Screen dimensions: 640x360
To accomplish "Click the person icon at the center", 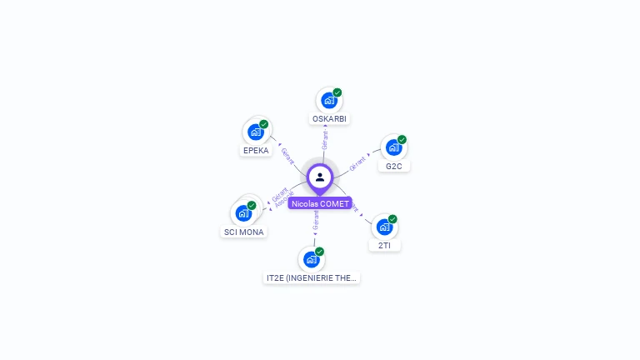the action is pos(320,177).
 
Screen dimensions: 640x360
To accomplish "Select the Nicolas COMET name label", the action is pos(320,203).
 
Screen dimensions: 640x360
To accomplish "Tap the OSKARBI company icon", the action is pos(328,101).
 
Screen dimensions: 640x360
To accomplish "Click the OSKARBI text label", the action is pos(330,118).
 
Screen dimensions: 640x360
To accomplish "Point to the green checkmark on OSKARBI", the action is pos(337,92).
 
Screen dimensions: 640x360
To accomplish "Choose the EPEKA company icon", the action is pos(255,132).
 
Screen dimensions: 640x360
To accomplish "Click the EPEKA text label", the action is pos(256,151).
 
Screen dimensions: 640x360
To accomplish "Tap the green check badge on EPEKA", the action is pos(263,124).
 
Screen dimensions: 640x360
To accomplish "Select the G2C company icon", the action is pos(392,147).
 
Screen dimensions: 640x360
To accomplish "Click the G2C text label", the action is pos(394,166).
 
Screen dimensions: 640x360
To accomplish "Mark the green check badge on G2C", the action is pos(402,140).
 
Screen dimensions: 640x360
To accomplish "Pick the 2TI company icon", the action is pos(383,227).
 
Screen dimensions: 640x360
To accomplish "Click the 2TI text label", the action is pos(385,246).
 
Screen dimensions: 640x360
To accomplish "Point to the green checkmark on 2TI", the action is pos(392,219).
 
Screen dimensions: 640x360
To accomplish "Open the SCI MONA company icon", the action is pos(243,212).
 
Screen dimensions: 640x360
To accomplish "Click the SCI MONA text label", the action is pos(244,232).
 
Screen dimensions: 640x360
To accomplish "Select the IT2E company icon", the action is pos(311,259).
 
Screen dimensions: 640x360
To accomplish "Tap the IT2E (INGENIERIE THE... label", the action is pos(312,277).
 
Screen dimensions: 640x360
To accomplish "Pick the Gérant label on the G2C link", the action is pos(358,162).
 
